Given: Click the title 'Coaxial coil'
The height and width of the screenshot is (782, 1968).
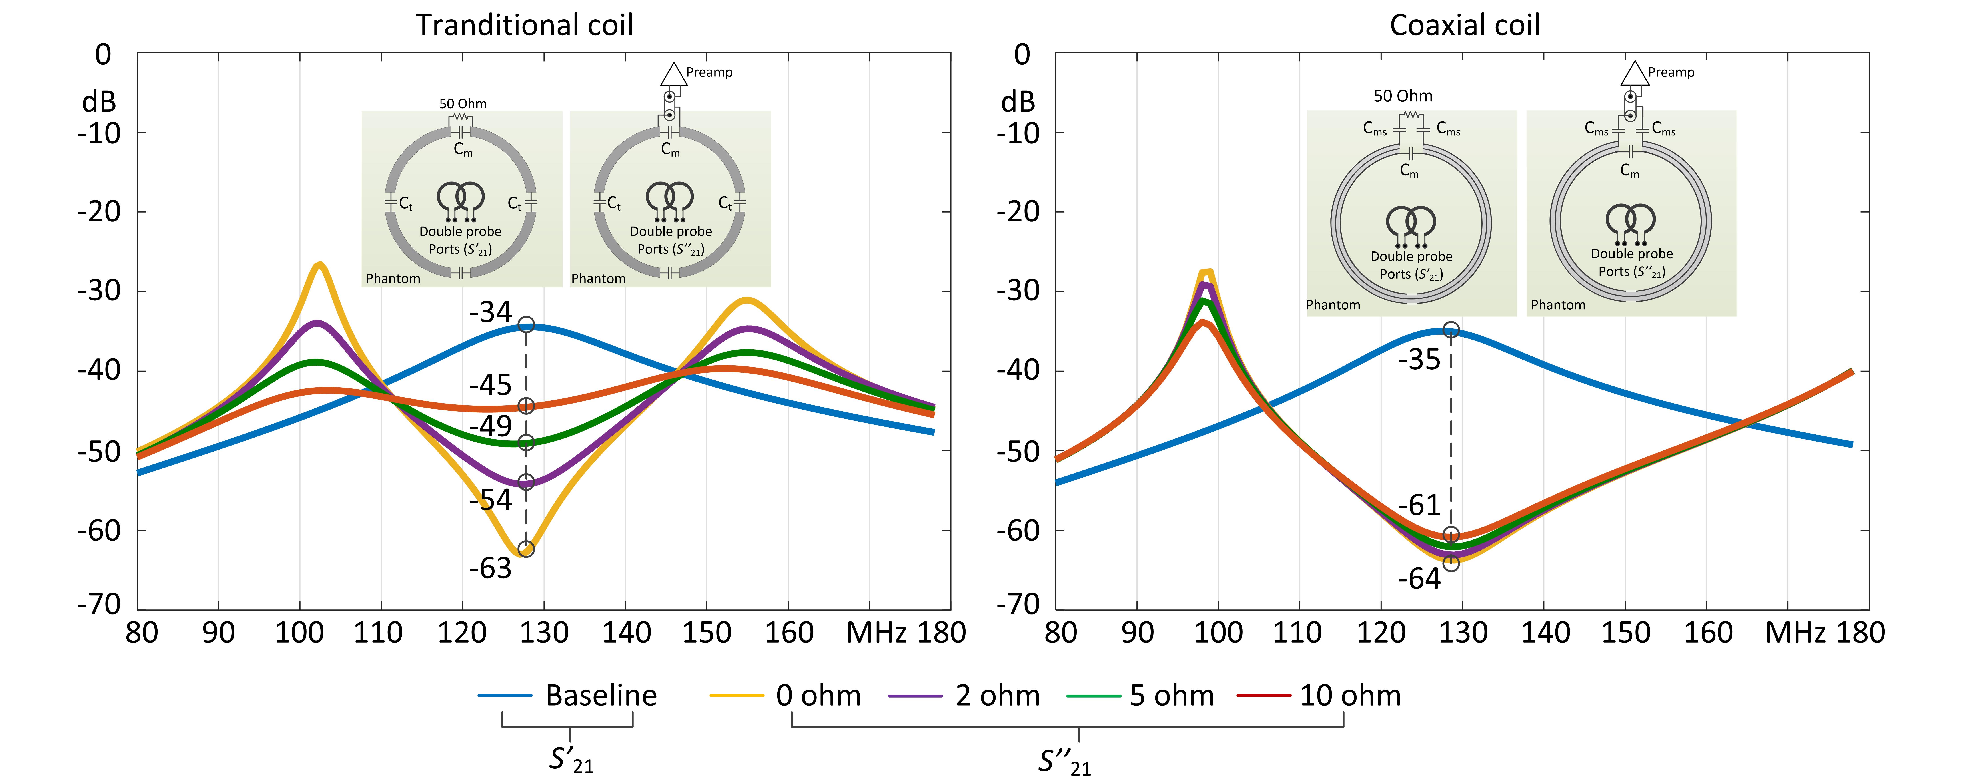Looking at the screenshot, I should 1464,25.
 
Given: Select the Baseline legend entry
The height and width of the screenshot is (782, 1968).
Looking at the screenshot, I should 601,696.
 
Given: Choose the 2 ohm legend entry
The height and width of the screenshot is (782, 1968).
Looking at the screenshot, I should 997,696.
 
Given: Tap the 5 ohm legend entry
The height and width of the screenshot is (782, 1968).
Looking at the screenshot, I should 1171,696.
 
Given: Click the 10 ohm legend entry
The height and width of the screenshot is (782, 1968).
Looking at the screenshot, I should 1350,696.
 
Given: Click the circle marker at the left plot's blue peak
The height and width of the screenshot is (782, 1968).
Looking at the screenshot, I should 526,325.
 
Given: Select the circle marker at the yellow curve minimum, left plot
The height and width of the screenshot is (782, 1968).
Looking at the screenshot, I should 526,549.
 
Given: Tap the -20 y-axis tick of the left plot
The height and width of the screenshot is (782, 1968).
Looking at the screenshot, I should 99,212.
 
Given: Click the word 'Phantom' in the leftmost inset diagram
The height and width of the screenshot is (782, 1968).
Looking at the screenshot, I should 393,278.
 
